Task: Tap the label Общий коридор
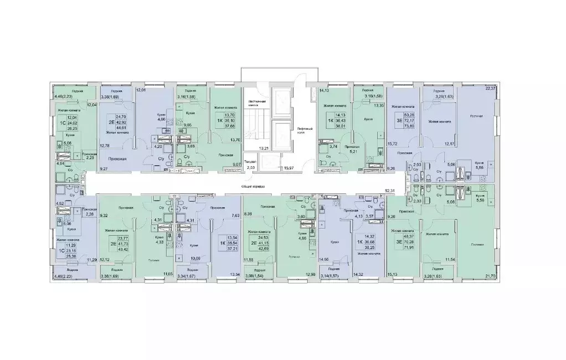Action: click(x=254, y=187)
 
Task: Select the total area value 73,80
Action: click(x=410, y=126)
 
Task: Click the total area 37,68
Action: click(x=227, y=125)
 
